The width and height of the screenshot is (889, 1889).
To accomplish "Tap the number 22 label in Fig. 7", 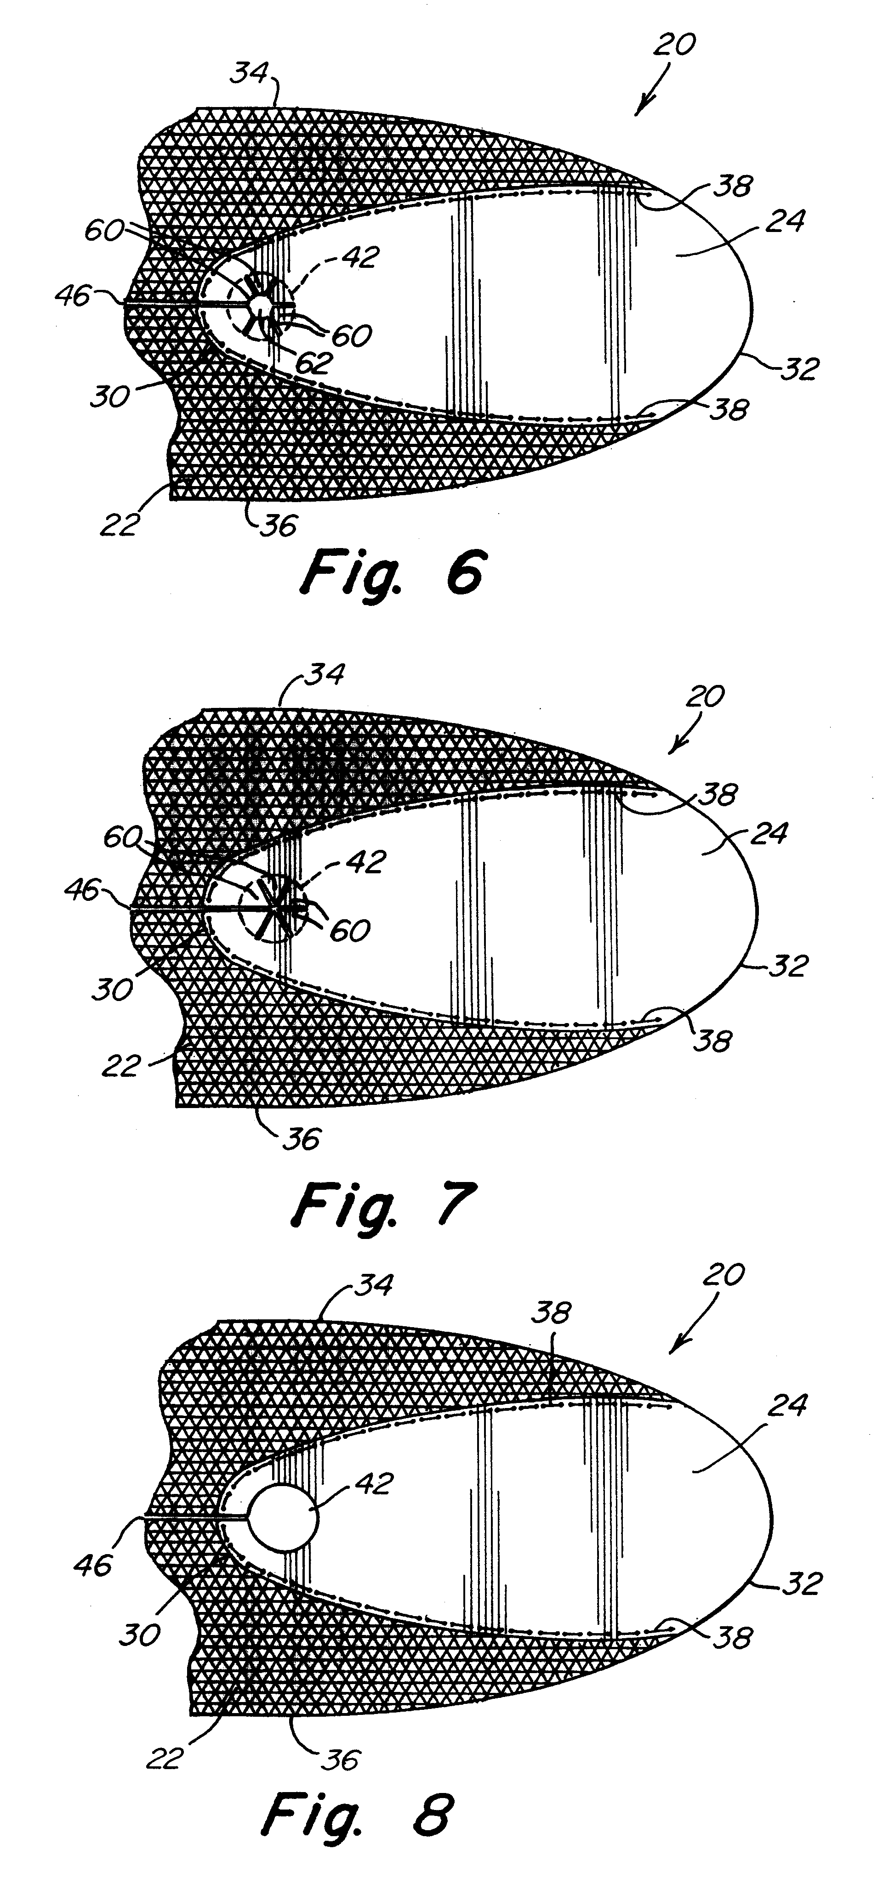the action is [120, 1065].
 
